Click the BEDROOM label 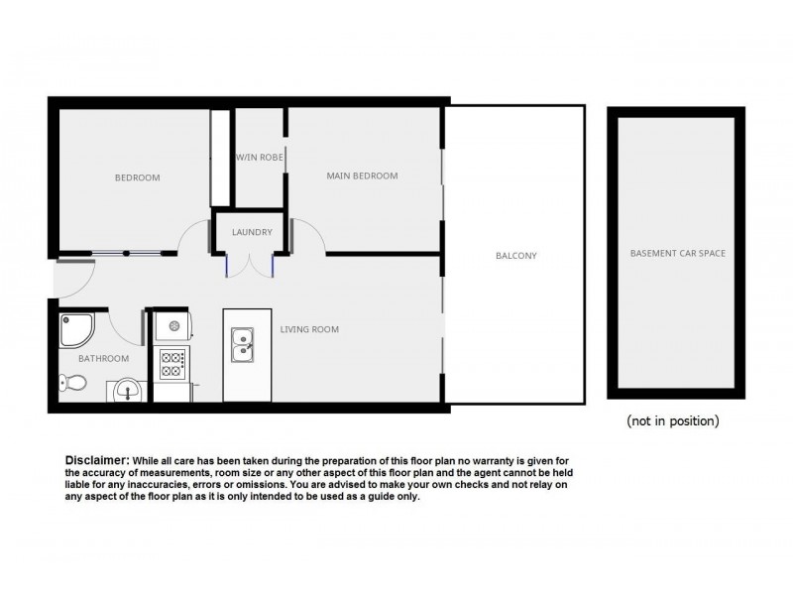[x=137, y=178]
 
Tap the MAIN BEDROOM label [x=362, y=177]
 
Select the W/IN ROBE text [x=260, y=157]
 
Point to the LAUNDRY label [x=252, y=233]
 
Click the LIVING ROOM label [x=309, y=329]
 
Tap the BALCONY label [x=515, y=256]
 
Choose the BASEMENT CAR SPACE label [x=678, y=254]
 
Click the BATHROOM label [x=104, y=359]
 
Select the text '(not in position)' [x=672, y=420]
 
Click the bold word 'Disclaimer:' [x=97, y=461]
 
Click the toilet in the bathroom [x=72, y=383]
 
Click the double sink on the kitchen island [x=241, y=347]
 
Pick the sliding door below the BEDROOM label [x=126, y=254]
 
